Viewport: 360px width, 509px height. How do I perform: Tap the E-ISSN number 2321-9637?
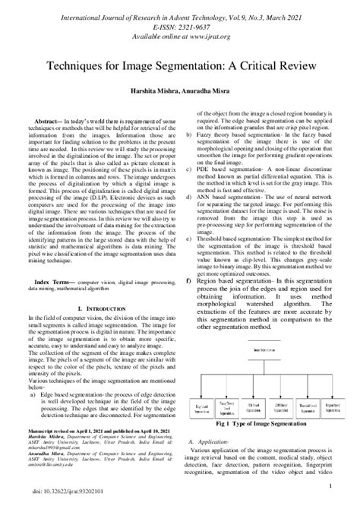[197, 23]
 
